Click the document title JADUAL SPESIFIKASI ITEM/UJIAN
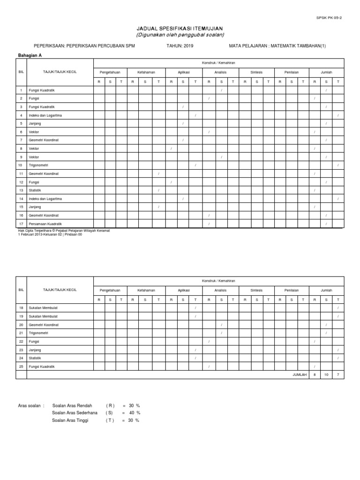180,29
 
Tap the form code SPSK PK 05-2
334,18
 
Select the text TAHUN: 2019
180,46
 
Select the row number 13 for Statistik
21,190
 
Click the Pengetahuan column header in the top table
110,73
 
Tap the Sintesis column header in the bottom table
256,291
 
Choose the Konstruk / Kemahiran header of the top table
219,62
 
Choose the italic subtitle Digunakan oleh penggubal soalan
180,35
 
